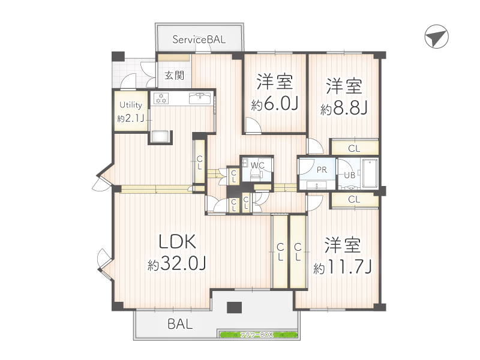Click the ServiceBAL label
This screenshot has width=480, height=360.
point(199,40)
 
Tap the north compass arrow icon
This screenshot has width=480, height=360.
point(436,38)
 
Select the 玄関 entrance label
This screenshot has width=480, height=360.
point(175,76)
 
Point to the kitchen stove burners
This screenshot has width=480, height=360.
point(162,98)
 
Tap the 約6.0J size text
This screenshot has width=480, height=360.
point(275,105)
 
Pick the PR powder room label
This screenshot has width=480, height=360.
point(322,170)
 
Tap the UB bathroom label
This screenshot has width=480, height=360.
point(349,175)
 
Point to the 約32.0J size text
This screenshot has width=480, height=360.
point(177,264)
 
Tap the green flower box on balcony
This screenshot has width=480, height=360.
point(258,334)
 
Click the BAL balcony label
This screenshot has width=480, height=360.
point(180,325)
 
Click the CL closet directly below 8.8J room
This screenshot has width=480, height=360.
point(354,148)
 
